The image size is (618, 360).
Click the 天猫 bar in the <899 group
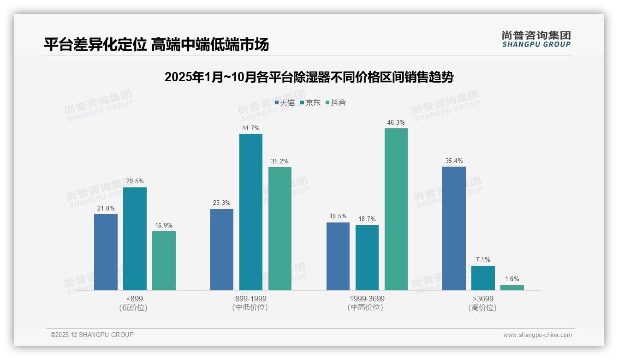[x=106, y=252]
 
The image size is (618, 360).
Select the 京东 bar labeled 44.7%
[x=250, y=212]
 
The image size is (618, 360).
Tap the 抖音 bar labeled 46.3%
[x=396, y=209]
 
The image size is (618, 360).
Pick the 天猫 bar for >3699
[x=454, y=228]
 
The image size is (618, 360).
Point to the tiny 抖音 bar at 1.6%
[x=512, y=288]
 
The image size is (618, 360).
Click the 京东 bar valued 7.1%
[x=483, y=278]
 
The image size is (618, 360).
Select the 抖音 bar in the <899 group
[x=164, y=261]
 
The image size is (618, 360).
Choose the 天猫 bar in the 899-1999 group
[x=222, y=250]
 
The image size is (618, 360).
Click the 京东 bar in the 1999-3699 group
[x=367, y=258]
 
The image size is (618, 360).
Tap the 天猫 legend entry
[x=285, y=102]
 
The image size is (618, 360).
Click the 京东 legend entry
[x=310, y=102]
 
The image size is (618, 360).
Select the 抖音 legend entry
[x=336, y=102]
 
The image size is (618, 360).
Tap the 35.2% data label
[x=280, y=162]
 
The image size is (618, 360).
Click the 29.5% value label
[x=135, y=181]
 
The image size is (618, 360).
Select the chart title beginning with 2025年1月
[x=309, y=77]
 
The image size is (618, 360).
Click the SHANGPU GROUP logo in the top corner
[x=536, y=39]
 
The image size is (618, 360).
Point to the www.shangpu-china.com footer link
[x=537, y=335]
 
